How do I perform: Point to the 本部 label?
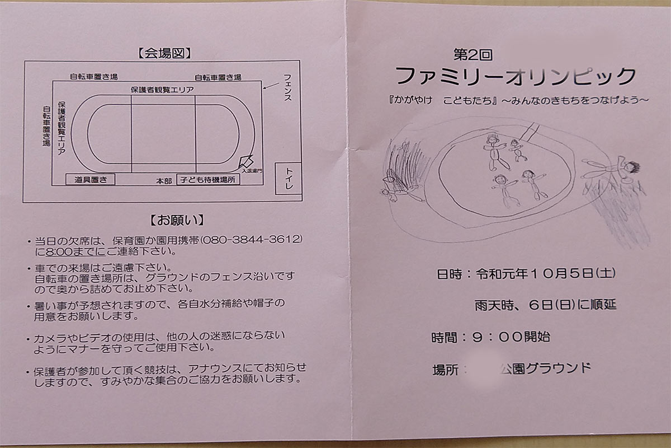163,181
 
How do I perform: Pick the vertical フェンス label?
287,86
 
